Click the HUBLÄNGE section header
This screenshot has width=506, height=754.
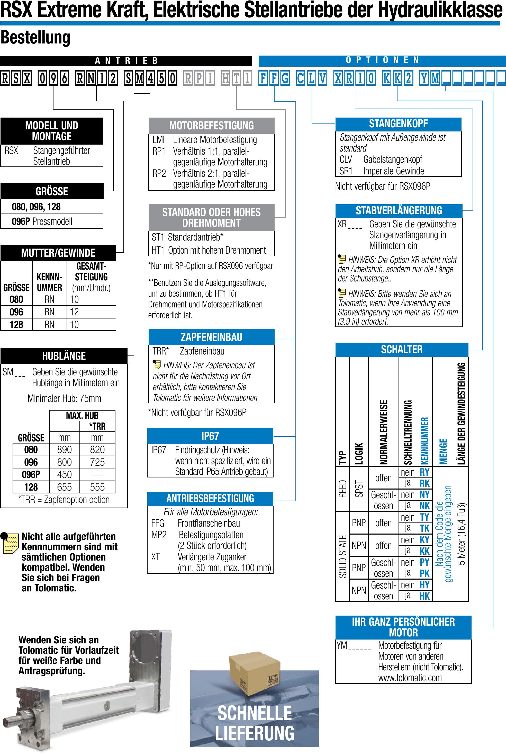tap(64, 356)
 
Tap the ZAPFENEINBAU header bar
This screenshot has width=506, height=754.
tap(211, 337)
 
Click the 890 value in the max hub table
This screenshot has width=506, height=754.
tap(64, 450)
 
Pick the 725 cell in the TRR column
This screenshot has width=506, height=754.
tap(97, 462)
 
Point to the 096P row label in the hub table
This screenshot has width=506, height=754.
tap(31, 474)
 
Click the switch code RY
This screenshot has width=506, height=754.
tap(424, 473)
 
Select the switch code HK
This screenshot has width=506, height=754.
tap(424, 596)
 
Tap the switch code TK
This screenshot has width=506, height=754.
tap(424, 529)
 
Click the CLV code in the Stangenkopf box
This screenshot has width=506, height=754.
tap(345, 159)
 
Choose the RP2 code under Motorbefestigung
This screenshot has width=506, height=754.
tap(159, 173)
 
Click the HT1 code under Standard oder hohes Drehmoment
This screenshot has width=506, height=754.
tap(158, 251)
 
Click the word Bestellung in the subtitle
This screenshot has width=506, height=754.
tap(35, 38)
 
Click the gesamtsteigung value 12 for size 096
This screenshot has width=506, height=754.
tap(75, 312)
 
